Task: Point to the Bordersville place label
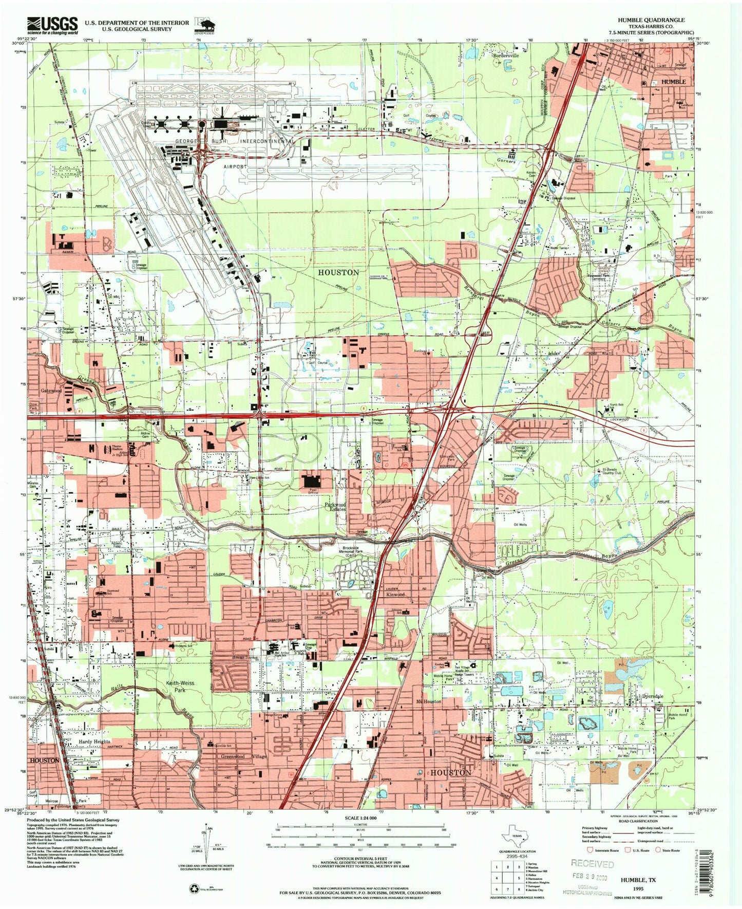tap(506, 55)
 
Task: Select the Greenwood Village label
tap(244, 757)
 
